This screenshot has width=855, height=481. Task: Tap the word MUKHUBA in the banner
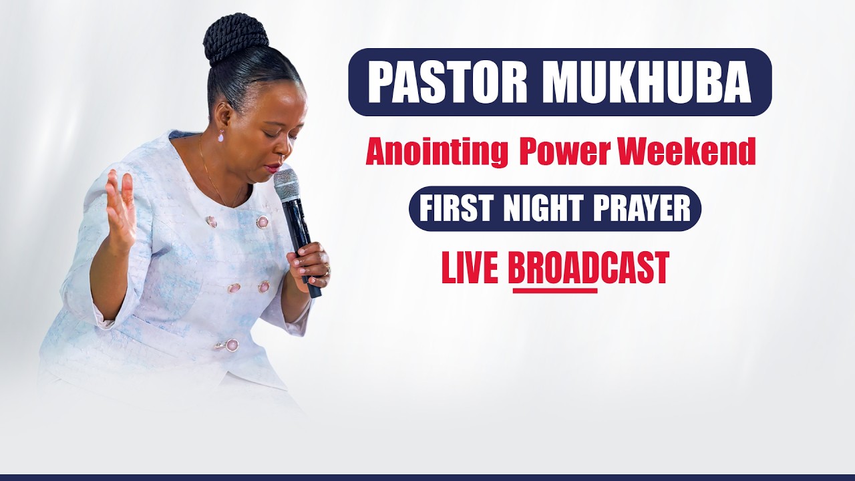click(x=647, y=82)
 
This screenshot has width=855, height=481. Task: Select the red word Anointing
click(x=437, y=152)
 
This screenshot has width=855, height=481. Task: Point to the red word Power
click(x=564, y=152)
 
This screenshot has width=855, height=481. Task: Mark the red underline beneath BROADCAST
click(x=554, y=291)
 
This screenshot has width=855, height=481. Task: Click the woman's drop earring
click(x=221, y=136)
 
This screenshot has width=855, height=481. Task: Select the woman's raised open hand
click(x=120, y=207)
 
